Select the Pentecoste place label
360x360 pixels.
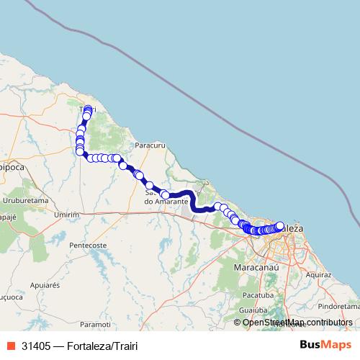(88, 246)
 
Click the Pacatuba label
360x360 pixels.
(258, 295)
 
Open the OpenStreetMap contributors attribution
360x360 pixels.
(297, 322)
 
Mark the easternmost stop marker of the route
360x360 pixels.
(280, 225)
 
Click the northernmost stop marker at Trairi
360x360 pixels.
(88, 109)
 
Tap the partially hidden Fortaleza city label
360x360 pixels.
(294, 228)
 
